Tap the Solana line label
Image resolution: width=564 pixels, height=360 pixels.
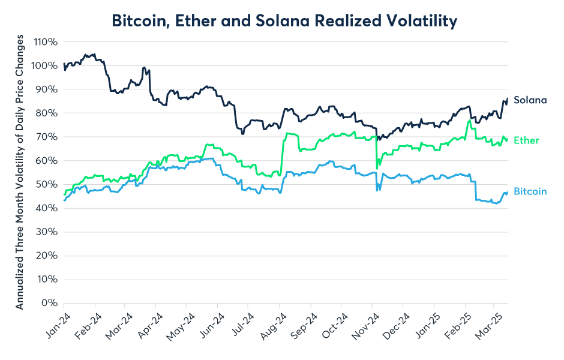point(530,100)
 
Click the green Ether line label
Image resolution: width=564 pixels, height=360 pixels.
point(526,140)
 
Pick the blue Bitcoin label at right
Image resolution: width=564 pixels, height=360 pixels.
point(530,191)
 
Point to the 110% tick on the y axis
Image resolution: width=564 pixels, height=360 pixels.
point(46,42)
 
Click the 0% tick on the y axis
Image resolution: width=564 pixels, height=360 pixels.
point(50,303)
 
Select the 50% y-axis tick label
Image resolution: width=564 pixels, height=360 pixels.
point(47,184)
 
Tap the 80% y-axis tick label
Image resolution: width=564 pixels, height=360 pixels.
point(47,113)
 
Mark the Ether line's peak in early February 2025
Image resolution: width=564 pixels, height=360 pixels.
point(468,121)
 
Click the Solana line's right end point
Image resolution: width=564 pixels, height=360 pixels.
point(508,98)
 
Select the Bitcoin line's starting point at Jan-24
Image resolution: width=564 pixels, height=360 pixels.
point(64,200)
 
